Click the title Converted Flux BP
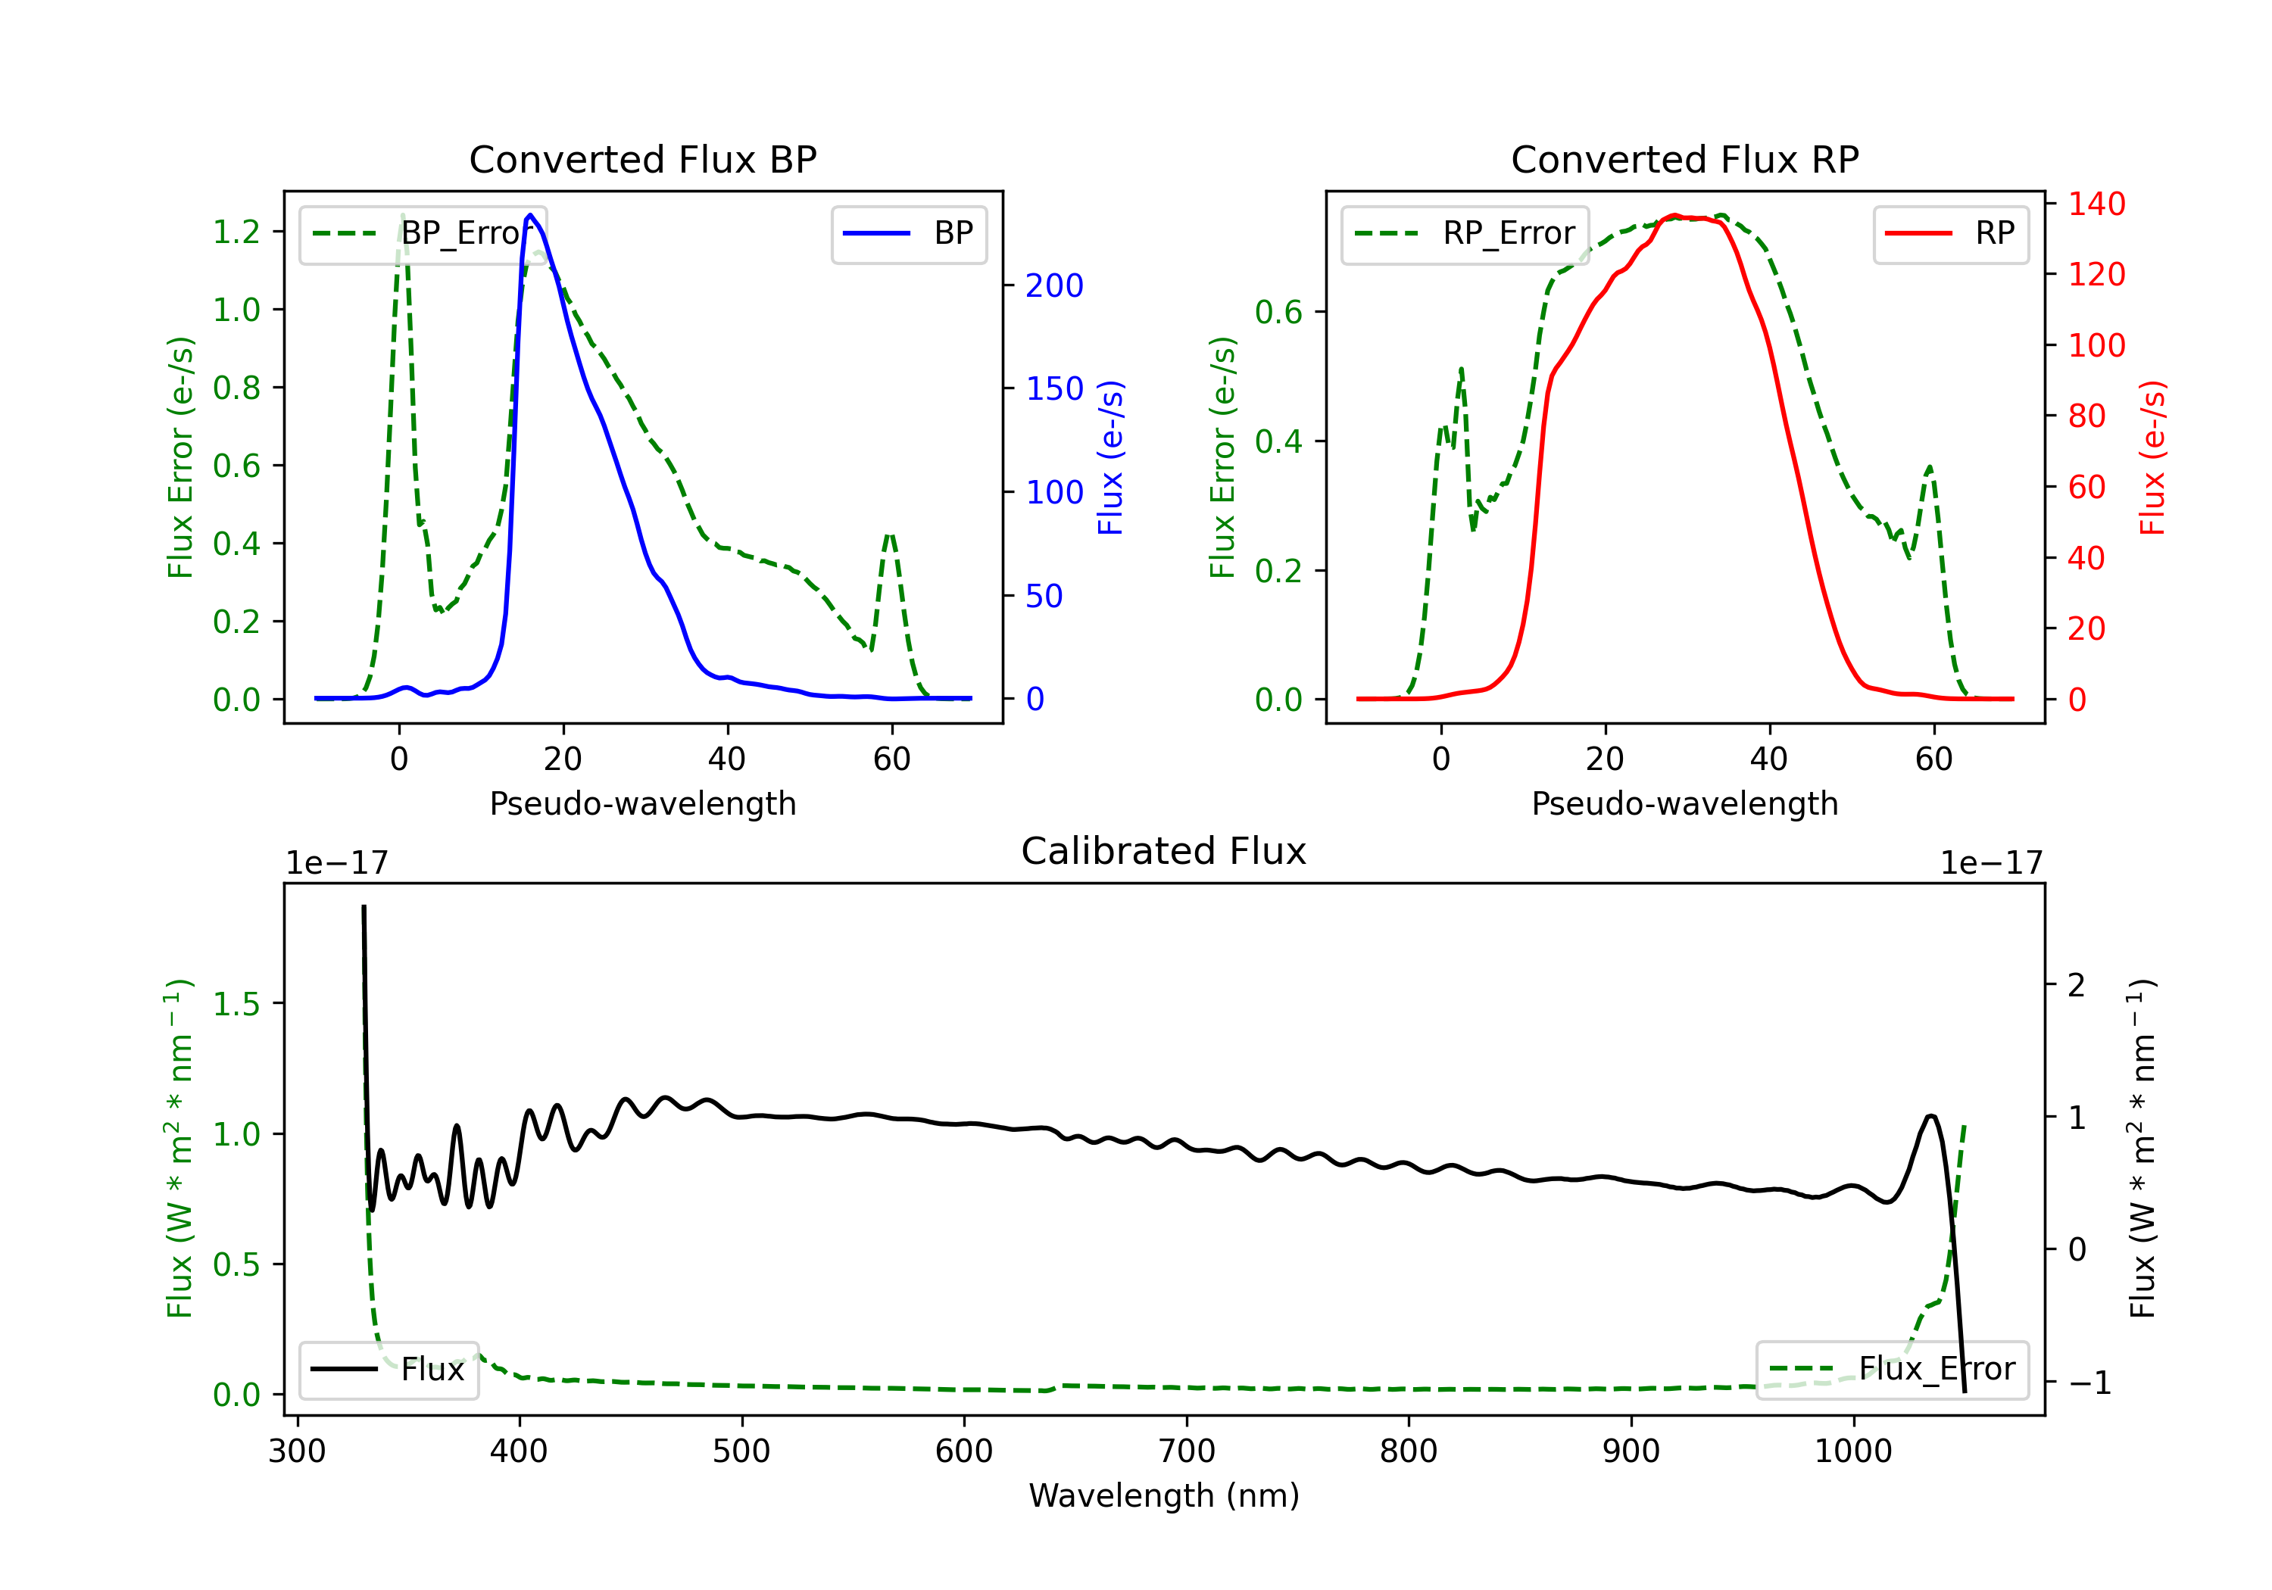click(x=642, y=159)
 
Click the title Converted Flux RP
click(x=1684, y=159)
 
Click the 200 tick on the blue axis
click(x=1054, y=286)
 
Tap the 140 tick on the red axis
click(x=2096, y=204)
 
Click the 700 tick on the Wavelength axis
click(x=1187, y=1451)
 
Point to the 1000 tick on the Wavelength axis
click(x=1852, y=1451)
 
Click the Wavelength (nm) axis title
click(x=1164, y=1495)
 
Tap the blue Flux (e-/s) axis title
click(x=1110, y=457)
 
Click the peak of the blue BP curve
click(x=530, y=215)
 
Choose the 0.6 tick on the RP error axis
click(x=1278, y=313)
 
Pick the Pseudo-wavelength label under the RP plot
click(x=1684, y=803)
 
